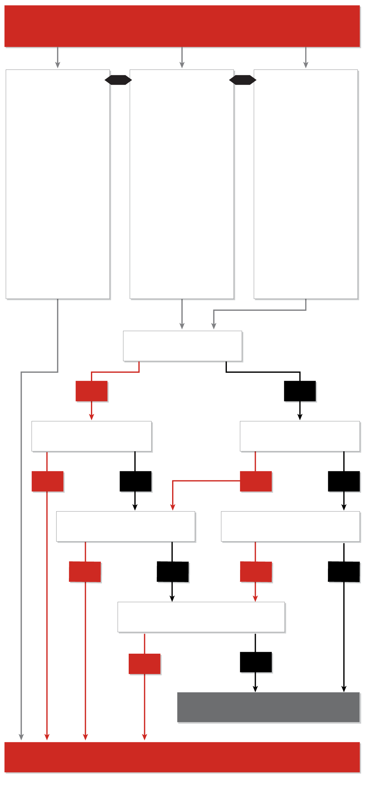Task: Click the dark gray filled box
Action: [268, 707]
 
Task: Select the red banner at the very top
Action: [182, 26]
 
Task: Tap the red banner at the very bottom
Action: [182, 757]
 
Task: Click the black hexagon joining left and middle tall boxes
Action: [118, 80]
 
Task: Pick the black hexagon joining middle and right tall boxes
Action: [243, 80]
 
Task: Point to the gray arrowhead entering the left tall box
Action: [58, 65]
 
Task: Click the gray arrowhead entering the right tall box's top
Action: [306, 65]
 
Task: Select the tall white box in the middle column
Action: [182, 184]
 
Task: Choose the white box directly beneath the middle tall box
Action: [182, 346]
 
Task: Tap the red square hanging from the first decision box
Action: [92, 391]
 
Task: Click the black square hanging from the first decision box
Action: [300, 391]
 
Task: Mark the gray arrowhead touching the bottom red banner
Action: [21, 737]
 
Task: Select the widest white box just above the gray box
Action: [201, 617]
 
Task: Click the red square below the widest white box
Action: [144, 664]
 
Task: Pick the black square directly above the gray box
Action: [255, 662]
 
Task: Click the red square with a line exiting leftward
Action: [255, 481]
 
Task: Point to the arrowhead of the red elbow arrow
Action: [172, 507]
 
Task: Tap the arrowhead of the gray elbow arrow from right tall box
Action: [214, 326]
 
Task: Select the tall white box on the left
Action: [58, 184]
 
